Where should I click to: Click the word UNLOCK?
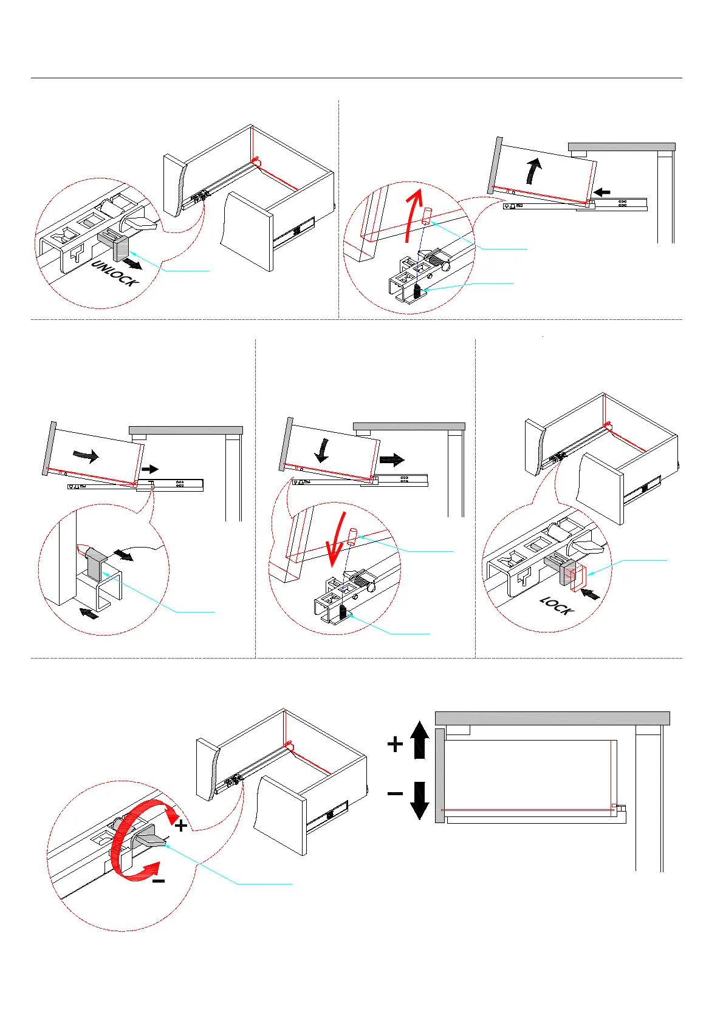pyautogui.click(x=115, y=273)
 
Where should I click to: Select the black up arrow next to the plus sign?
pyautogui.click(x=420, y=739)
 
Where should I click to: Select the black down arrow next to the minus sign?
pyautogui.click(x=420, y=800)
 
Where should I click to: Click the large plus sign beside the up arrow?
pyautogui.click(x=395, y=744)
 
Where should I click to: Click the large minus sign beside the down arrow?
pyautogui.click(x=395, y=793)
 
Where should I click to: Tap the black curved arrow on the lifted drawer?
pyautogui.click(x=533, y=170)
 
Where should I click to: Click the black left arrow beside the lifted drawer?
pyautogui.click(x=601, y=192)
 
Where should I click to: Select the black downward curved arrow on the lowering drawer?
pyautogui.click(x=323, y=450)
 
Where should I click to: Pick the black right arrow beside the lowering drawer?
pyautogui.click(x=391, y=460)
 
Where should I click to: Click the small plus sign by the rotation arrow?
pyautogui.click(x=181, y=826)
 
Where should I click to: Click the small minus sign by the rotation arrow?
pyautogui.click(x=158, y=881)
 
